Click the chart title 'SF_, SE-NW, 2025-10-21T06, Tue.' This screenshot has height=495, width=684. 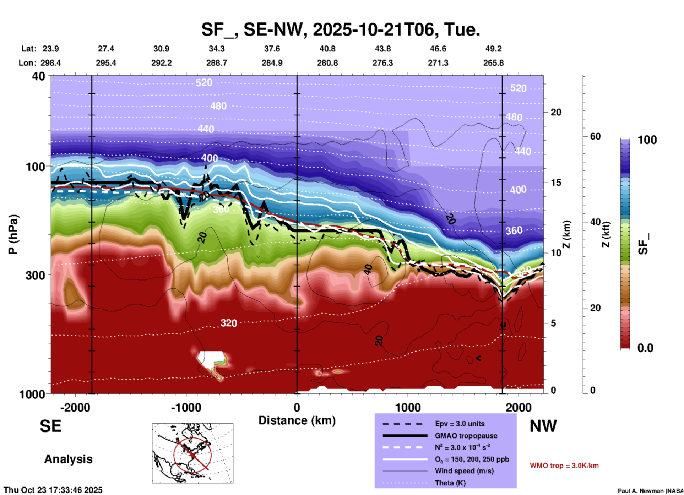[340, 29]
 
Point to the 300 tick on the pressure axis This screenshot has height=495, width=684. [35, 275]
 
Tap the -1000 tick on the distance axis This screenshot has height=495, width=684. [186, 408]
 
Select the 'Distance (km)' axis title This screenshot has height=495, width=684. [297, 420]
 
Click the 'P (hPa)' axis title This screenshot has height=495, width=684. [13, 234]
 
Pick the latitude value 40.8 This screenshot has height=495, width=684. [327, 49]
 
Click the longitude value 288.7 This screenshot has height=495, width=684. [216, 63]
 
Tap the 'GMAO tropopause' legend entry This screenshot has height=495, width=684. [466, 436]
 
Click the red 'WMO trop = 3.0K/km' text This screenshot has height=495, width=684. [564, 466]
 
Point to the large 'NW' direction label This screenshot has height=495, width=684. [543, 426]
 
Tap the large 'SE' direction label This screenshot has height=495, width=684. [50, 426]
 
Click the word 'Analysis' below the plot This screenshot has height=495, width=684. [68, 459]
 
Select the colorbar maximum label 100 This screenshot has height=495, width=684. [647, 140]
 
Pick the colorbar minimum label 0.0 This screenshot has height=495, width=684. [645, 348]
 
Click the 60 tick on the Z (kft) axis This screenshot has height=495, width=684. [595, 136]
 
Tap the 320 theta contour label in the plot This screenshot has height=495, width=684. [228, 323]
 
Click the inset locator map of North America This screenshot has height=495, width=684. [192, 453]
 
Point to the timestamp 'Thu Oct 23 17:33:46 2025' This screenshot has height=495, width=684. [53, 490]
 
